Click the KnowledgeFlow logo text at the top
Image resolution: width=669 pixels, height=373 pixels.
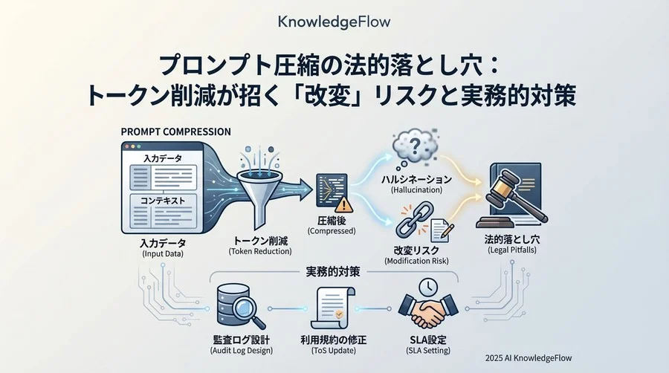334,22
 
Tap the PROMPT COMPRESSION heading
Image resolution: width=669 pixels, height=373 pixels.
175,132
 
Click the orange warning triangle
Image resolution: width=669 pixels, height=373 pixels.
343,204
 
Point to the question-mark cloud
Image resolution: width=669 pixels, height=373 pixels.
414,148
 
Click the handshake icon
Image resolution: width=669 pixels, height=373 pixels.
428,311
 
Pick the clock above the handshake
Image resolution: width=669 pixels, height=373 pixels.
427,288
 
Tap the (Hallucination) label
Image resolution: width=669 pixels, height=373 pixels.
416,190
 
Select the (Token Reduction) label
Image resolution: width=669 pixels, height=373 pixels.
260,251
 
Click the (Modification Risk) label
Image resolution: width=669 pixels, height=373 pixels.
416,261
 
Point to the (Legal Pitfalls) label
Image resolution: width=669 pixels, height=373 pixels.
512,250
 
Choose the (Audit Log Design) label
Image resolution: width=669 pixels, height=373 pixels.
242,351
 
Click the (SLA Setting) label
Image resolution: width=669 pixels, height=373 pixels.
428,351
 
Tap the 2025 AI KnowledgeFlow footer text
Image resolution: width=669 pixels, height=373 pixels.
529,358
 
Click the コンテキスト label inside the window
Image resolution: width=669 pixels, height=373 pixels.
163,201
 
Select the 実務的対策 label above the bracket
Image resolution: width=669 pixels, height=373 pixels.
333,271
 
